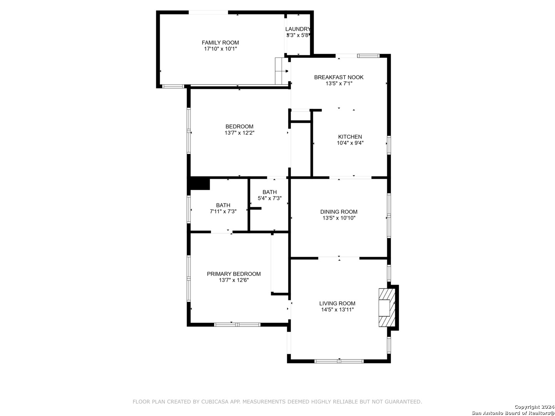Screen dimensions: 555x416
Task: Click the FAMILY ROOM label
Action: click(220, 43)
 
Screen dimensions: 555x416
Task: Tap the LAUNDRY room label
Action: click(298, 29)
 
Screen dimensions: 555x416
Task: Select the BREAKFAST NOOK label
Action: click(338, 77)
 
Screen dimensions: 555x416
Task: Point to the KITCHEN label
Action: click(350, 137)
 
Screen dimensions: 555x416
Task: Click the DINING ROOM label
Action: click(338, 212)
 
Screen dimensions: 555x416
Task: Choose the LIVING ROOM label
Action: click(337, 304)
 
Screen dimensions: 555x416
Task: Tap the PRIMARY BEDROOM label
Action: click(234, 274)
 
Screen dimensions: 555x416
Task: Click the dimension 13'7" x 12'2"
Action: click(239, 133)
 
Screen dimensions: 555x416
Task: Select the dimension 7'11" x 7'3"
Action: click(223, 211)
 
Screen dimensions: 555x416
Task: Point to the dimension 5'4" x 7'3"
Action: click(269, 198)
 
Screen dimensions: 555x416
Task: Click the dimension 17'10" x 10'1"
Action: click(220, 49)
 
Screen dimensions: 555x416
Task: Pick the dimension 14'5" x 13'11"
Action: click(337, 310)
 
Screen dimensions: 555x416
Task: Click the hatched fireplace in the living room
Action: click(387, 307)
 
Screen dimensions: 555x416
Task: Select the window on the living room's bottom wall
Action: click(339, 361)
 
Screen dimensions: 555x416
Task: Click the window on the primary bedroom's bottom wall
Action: click(237, 325)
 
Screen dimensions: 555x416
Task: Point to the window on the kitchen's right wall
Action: click(389, 145)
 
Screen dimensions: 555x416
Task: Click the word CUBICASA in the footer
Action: click(213, 402)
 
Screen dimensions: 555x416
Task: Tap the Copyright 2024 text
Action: click(534, 407)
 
